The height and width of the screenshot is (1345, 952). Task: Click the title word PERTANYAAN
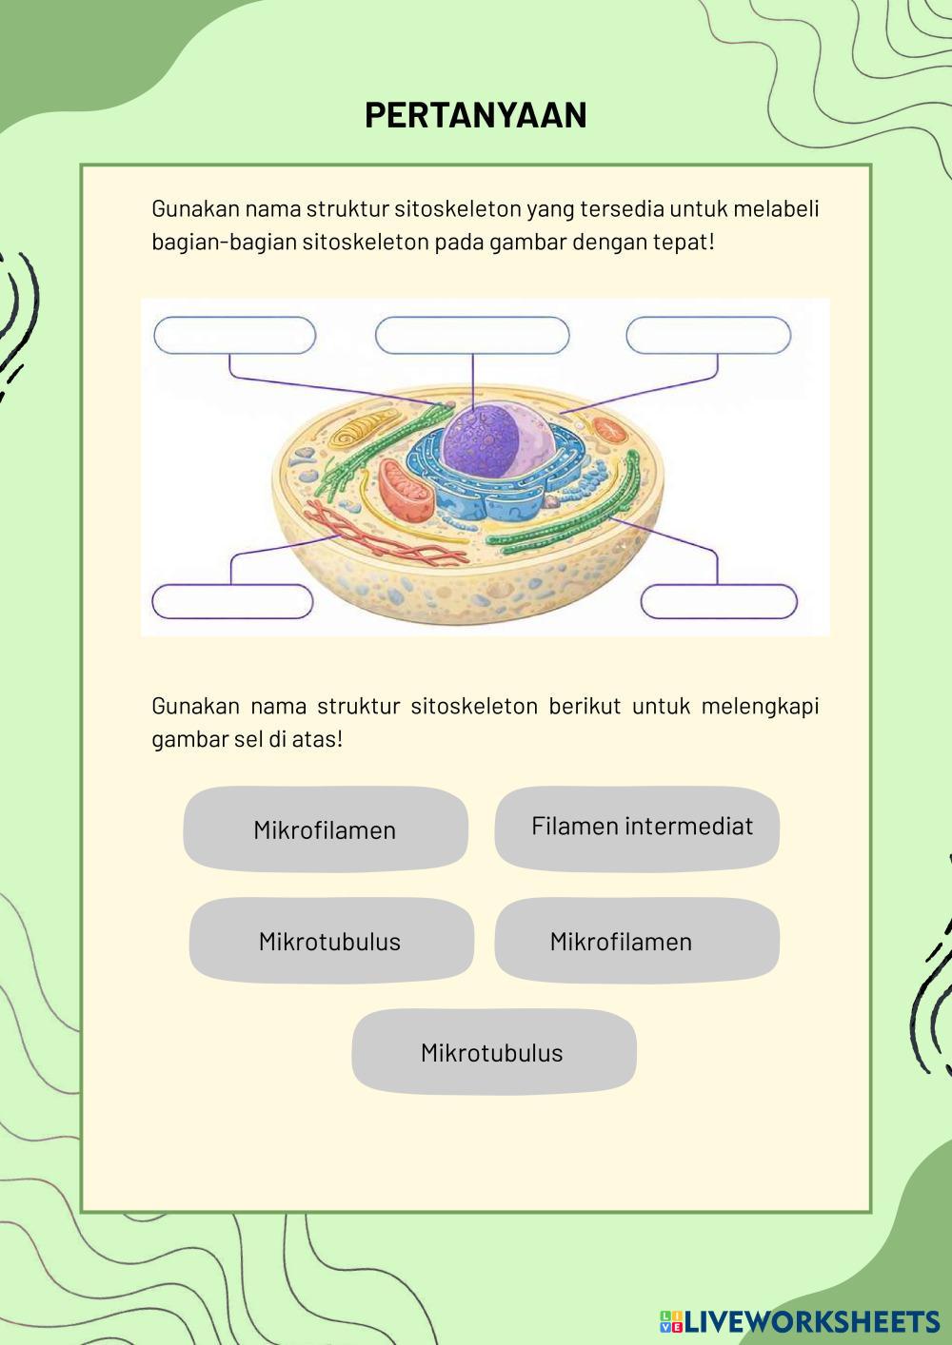point(475,115)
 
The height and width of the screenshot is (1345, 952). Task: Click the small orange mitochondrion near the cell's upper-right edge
point(607,429)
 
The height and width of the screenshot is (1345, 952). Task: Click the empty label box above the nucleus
point(472,336)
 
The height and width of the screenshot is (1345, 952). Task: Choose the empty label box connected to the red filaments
point(232,602)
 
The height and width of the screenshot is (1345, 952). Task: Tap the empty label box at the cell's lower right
point(719,602)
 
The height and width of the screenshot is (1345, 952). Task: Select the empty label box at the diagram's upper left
point(234,336)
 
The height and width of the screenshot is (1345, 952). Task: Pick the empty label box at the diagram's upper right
point(708,336)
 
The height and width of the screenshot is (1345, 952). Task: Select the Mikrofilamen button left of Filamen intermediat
point(325,829)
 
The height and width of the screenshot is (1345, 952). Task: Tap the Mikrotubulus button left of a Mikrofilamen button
point(330,942)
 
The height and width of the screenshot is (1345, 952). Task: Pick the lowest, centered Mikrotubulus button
point(493,1053)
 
